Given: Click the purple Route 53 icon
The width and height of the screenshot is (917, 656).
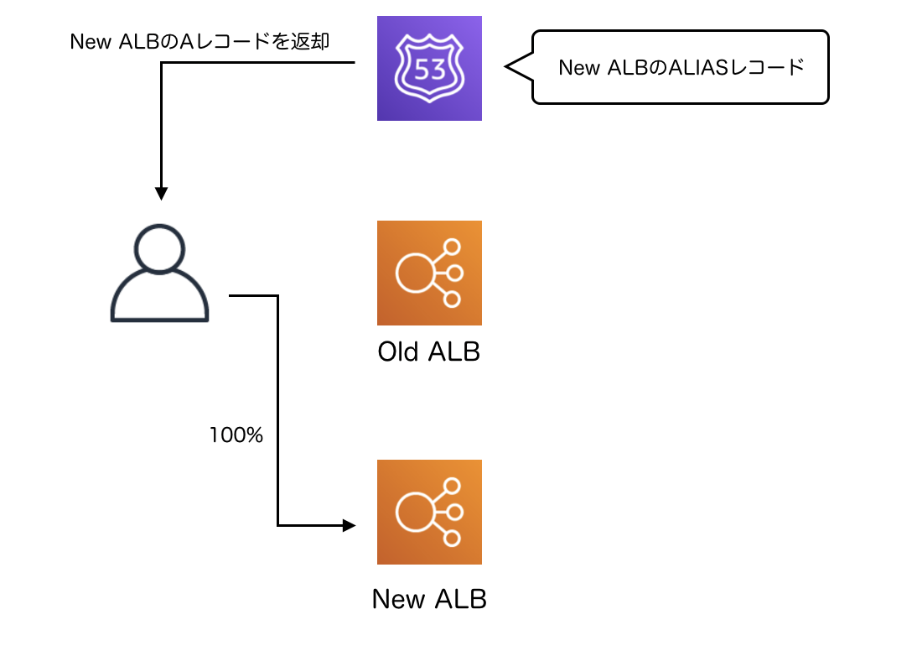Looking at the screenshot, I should (x=429, y=68).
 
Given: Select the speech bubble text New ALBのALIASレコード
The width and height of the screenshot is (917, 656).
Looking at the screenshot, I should (x=681, y=68).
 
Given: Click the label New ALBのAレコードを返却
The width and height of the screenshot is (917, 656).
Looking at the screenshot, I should (x=199, y=42).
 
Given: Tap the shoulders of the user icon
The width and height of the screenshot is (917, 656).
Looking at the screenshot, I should (x=159, y=300).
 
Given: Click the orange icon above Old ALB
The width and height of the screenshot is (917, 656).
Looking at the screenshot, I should (x=429, y=273).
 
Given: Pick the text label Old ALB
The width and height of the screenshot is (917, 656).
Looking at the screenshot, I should (x=429, y=351).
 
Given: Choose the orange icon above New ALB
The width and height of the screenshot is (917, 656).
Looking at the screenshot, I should (x=429, y=512).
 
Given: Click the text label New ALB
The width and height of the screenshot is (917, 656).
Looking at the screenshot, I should (x=429, y=599).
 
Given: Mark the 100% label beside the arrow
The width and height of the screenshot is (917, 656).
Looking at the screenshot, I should (x=236, y=435).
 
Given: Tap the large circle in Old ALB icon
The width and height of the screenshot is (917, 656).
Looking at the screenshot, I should (x=414, y=273).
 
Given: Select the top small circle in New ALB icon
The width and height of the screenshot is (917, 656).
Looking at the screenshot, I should (x=453, y=486).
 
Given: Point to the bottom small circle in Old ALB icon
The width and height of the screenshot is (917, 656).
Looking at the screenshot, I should (x=453, y=299).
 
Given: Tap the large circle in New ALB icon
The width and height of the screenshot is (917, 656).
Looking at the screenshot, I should (x=414, y=513).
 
